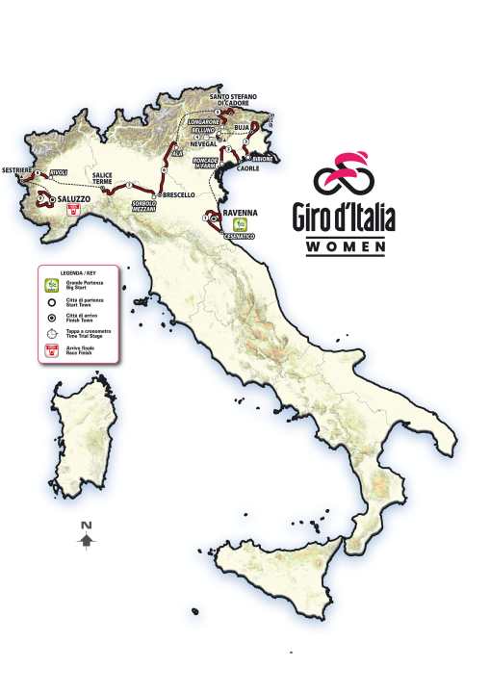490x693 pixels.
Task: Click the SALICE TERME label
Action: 105,177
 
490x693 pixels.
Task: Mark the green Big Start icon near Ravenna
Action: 227,223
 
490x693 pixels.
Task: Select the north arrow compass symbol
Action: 86,536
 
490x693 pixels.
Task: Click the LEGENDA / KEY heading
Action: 79,272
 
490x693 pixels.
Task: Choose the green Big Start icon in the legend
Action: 50,286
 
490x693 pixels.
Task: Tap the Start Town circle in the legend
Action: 50,301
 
